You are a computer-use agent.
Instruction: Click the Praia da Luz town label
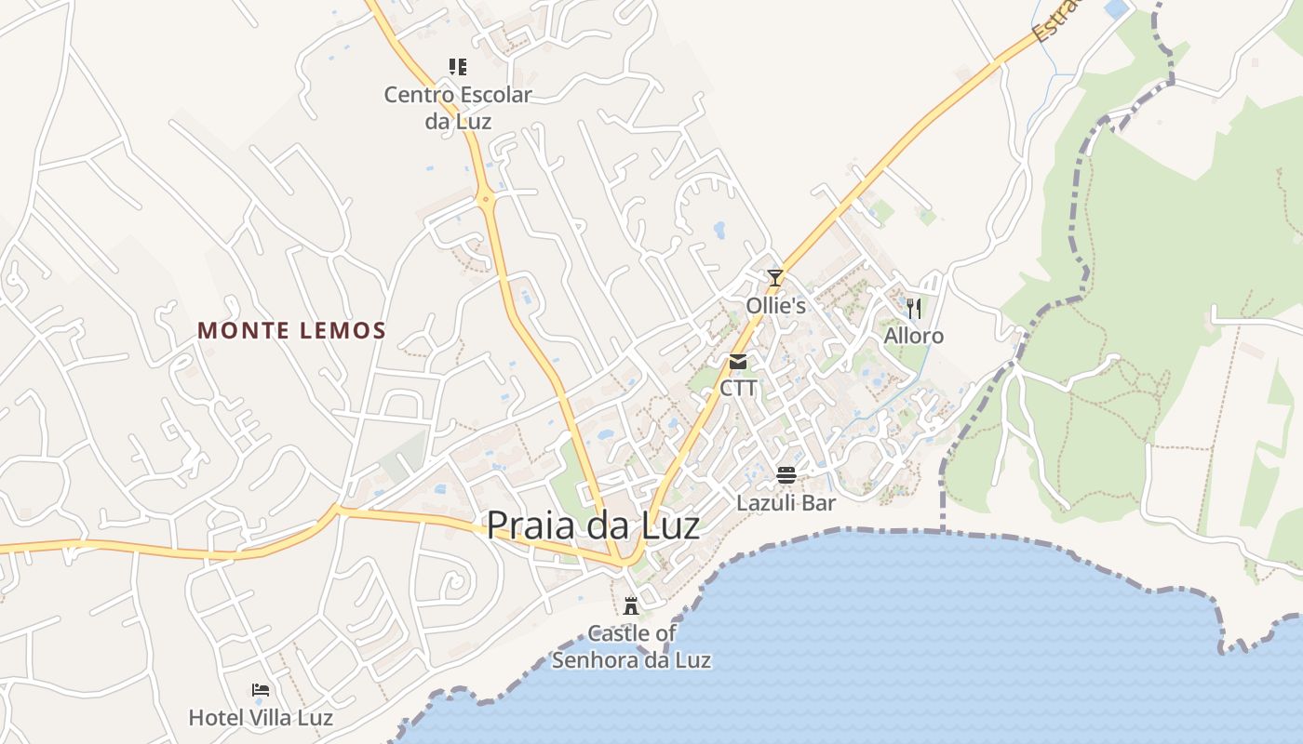coord(593,525)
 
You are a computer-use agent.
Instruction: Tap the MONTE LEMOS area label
coord(291,330)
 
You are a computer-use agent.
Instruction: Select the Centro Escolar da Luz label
coord(458,107)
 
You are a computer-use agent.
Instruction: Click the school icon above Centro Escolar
coord(458,67)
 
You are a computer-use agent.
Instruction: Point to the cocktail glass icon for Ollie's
coord(774,277)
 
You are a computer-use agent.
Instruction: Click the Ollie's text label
coord(775,305)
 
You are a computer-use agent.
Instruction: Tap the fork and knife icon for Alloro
coord(914,308)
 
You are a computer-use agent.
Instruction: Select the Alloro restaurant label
coord(913,336)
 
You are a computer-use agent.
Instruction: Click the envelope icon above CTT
coord(738,362)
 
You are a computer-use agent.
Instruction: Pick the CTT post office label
coord(738,388)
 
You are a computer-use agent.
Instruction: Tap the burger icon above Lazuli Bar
coord(786,476)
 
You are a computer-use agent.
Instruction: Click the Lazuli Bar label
coord(786,503)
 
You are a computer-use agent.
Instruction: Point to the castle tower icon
coord(631,606)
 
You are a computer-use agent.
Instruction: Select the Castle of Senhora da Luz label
coord(631,646)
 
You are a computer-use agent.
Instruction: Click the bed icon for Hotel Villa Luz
coord(261,690)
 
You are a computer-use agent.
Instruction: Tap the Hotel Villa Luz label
coord(261,717)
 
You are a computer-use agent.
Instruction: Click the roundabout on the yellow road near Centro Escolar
coord(485,198)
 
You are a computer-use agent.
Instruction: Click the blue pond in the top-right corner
coord(1114,9)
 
